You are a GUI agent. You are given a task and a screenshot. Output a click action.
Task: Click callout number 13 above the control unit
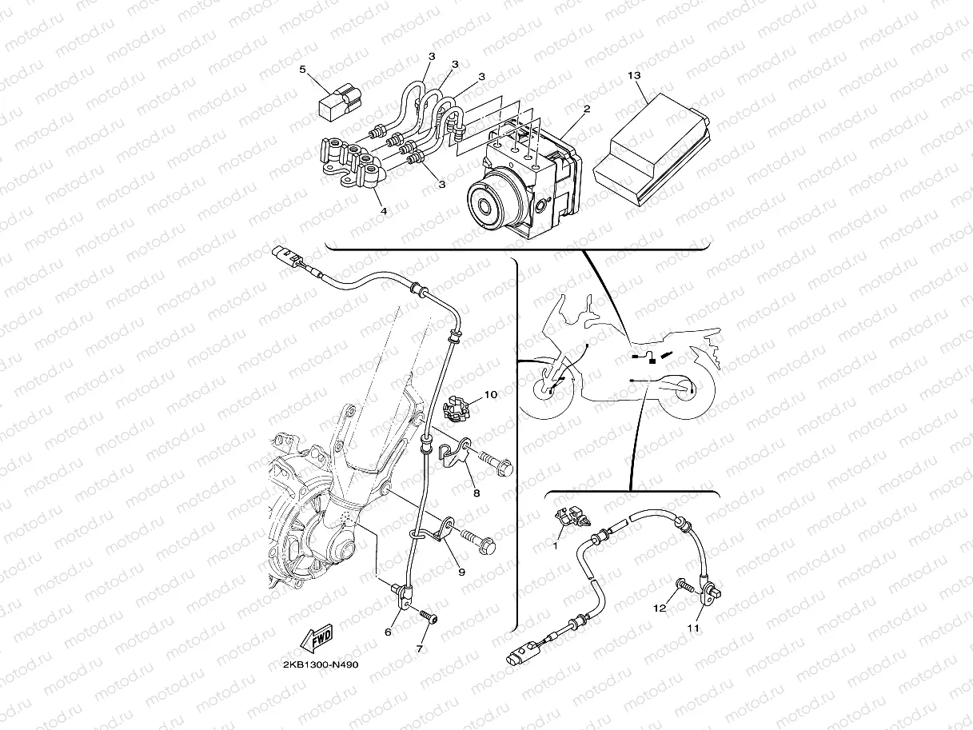click(634, 76)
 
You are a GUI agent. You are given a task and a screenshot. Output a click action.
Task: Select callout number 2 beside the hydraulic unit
click(587, 109)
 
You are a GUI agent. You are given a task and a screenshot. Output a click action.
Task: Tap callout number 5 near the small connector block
click(303, 69)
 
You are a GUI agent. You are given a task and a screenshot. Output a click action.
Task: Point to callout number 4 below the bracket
click(384, 211)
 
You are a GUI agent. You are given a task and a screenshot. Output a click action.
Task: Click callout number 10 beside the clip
click(491, 394)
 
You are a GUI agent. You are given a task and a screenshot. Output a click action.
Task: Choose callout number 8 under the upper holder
click(477, 493)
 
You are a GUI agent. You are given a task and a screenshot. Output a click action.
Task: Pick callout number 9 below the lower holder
click(461, 572)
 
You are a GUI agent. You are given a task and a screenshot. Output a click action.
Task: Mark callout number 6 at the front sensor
click(388, 632)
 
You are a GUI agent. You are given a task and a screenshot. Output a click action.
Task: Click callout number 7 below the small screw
click(420, 649)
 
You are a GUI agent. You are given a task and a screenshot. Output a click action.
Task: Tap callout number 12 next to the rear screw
click(660, 608)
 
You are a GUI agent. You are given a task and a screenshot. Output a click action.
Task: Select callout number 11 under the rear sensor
click(693, 628)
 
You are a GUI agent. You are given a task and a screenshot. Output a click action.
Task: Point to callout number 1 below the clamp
click(556, 547)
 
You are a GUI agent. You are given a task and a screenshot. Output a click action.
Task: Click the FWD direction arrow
click(317, 639)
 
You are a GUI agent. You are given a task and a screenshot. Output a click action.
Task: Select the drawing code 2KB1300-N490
click(321, 664)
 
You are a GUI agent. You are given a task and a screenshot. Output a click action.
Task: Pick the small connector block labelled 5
click(341, 105)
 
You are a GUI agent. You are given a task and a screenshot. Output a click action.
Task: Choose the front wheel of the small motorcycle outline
click(546, 389)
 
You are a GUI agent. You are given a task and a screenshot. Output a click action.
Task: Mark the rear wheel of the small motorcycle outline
click(688, 391)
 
